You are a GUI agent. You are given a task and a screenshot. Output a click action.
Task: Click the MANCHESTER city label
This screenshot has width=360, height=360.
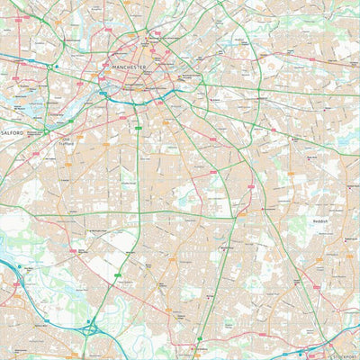tap(130, 66)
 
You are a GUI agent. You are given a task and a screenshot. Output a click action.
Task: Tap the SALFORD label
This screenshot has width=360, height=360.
tap(12, 132)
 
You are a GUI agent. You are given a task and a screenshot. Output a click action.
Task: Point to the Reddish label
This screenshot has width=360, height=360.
tap(321, 220)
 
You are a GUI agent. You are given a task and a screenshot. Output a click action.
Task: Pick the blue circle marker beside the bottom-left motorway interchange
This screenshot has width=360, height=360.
tap(87, 320)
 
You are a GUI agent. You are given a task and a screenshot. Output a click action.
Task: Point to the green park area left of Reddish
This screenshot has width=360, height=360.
tap(292, 225)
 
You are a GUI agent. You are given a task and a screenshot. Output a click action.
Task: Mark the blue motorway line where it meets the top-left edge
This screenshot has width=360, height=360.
tap(3, 56)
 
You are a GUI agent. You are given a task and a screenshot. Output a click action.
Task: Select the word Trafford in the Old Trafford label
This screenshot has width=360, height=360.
tap(66, 143)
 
